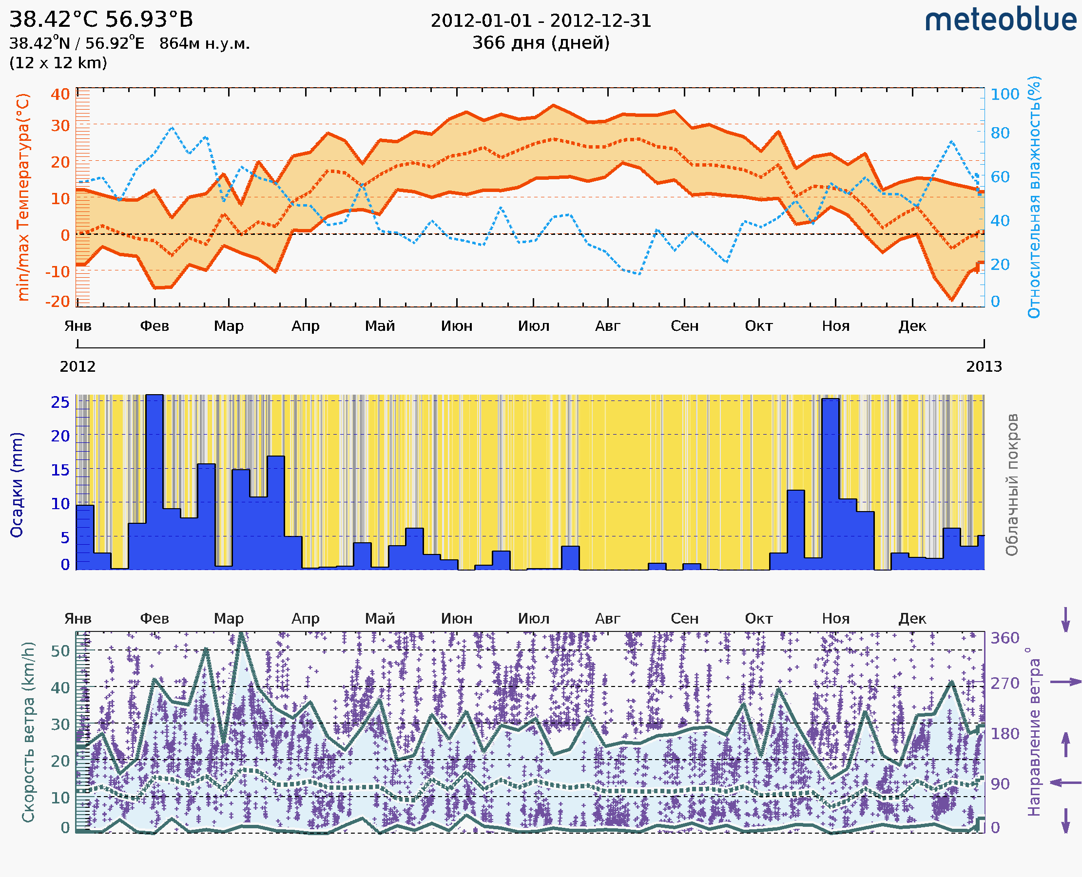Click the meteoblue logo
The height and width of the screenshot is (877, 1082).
tap(1001, 20)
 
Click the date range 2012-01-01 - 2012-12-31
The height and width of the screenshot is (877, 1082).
tap(541, 21)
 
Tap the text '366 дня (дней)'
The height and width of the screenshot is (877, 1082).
tap(541, 42)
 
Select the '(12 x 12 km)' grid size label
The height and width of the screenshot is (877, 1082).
tap(58, 63)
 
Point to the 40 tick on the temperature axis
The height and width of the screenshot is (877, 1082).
tap(60, 94)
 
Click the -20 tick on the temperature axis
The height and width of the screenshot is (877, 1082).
tap(57, 301)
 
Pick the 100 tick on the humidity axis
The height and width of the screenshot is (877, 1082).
tap(1005, 94)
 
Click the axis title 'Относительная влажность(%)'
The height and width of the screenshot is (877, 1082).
tap(1034, 197)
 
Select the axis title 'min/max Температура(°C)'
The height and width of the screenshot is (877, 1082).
tap(23, 197)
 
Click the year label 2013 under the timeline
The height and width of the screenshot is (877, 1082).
tap(984, 366)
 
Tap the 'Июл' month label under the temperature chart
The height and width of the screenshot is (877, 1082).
tap(533, 326)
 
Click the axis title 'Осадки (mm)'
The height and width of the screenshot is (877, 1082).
tap(17, 485)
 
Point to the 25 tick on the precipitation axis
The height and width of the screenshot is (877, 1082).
tap(60, 402)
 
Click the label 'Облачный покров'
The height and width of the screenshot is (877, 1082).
tap(1012, 485)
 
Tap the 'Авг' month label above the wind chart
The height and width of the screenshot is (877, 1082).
tap(607, 618)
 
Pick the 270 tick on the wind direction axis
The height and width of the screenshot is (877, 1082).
tap(1005, 683)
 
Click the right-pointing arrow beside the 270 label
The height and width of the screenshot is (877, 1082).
tap(1065, 682)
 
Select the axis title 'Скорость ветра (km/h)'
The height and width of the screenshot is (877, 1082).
tap(28, 732)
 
